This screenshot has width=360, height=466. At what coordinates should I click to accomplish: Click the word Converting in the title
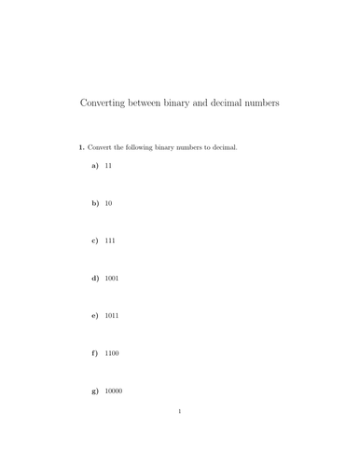(x=104, y=103)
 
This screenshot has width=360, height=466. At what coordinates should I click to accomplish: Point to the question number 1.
(x=81, y=147)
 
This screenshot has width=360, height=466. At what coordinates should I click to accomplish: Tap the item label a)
(x=94, y=165)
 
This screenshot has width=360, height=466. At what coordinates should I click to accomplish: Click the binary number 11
(x=108, y=165)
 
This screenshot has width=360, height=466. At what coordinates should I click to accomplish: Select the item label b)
(x=94, y=202)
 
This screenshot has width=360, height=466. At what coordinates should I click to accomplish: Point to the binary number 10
(x=108, y=202)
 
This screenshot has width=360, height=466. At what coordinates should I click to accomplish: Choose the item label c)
(x=94, y=240)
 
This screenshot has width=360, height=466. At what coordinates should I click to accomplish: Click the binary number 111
(x=110, y=240)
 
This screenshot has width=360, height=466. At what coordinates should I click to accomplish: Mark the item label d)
(x=94, y=278)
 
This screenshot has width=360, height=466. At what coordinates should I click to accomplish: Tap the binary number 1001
(x=112, y=278)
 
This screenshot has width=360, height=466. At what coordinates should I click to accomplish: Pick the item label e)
(x=94, y=316)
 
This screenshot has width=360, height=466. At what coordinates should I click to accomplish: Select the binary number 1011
(x=112, y=316)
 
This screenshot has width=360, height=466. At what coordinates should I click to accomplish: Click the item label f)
(x=94, y=353)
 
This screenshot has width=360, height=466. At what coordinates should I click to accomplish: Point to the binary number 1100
(x=112, y=353)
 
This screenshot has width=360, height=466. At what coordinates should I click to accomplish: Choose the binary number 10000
(x=114, y=391)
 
